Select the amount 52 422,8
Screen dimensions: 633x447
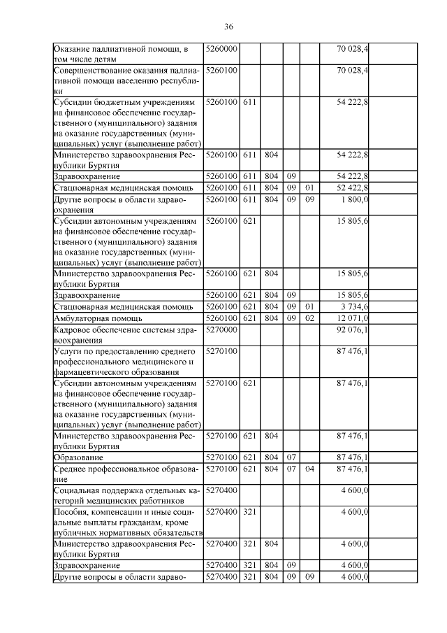(x=353, y=188)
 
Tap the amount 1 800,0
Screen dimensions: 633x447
(x=356, y=199)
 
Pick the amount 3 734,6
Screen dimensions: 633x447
(x=355, y=306)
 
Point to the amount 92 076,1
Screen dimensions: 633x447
(x=353, y=329)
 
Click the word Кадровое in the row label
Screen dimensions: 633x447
(x=73, y=329)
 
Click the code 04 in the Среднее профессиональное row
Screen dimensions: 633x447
(x=309, y=469)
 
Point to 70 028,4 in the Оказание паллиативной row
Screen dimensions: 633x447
(x=353, y=49)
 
